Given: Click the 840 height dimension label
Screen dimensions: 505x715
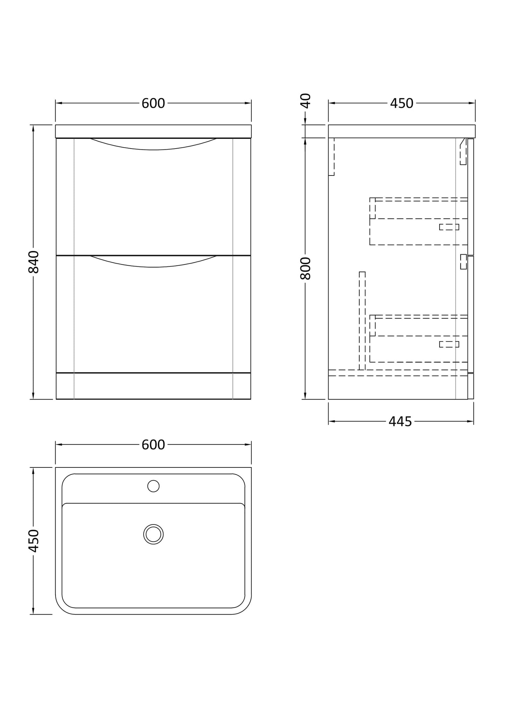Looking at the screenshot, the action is [x=34, y=262].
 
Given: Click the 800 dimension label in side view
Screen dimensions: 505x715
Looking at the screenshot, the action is [x=305, y=268].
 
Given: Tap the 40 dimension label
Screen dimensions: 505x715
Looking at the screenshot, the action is [x=305, y=101].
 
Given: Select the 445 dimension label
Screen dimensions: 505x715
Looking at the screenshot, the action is [x=401, y=422].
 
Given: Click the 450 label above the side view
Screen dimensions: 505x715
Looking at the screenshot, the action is [x=402, y=103].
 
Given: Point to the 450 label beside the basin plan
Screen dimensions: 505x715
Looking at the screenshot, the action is [x=34, y=541].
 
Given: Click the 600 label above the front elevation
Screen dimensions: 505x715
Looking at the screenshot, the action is [x=153, y=103].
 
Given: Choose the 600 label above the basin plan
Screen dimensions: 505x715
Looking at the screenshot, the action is [x=153, y=445].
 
